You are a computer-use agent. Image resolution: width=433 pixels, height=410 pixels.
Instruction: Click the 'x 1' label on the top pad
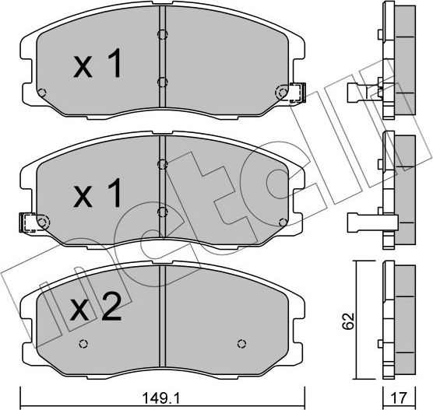click(97, 66)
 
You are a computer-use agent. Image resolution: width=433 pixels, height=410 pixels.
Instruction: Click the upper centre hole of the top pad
click(160, 33)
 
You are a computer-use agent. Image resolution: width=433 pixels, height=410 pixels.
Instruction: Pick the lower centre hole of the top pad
click(160, 81)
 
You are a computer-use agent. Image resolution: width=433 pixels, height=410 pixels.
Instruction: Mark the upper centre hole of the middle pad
click(160, 163)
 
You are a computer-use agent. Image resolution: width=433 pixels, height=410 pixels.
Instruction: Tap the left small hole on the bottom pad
click(82, 344)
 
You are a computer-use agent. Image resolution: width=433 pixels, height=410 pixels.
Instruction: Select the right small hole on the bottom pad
click(240, 344)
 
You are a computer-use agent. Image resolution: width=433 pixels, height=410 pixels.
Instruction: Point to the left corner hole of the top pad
click(42, 93)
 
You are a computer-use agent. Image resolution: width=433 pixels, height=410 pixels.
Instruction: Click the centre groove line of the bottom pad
click(160, 319)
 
